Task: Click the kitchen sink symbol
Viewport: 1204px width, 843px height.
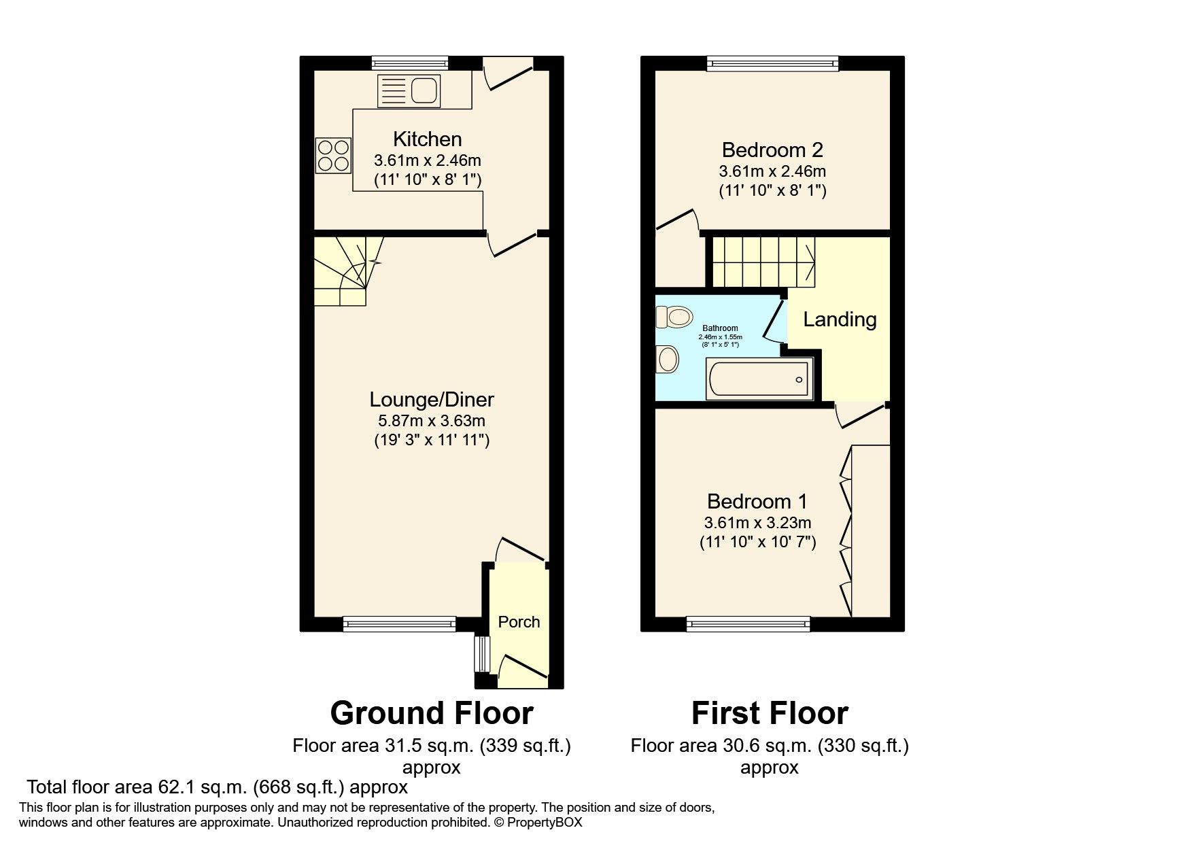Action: [409, 90]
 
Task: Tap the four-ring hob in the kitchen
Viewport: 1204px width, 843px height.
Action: [333, 154]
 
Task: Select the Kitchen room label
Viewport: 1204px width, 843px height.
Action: [428, 139]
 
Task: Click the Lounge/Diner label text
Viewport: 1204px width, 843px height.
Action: [432, 399]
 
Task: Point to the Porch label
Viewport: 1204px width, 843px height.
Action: [519, 622]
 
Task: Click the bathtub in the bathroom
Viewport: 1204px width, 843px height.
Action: [759, 379]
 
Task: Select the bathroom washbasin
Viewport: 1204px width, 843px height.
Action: [668, 359]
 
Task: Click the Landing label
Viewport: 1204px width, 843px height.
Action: [840, 320]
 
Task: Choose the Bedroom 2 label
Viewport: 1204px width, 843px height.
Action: [772, 150]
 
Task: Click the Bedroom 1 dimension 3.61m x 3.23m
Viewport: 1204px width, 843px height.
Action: [757, 523]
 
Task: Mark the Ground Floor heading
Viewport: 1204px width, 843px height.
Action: [432, 713]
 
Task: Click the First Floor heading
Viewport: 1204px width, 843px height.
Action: [770, 713]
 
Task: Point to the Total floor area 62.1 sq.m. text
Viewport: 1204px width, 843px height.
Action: [217, 787]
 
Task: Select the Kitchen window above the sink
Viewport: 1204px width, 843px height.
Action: [410, 63]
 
